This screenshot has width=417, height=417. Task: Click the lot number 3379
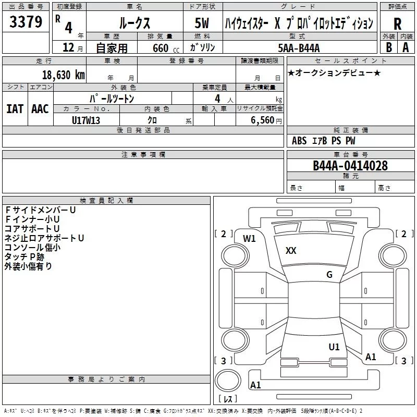[26, 22]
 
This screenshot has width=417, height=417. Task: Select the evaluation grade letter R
[397, 23]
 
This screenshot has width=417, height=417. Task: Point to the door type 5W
[202, 23]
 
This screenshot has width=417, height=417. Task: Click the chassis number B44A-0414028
[350, 166]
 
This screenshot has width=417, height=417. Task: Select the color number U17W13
[86, 120]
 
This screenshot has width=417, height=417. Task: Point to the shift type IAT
[15, 108]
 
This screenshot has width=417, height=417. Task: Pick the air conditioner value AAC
[40, 108]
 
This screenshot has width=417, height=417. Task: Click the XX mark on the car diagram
[291, 251]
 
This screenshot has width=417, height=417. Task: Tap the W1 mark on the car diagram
[250, 239]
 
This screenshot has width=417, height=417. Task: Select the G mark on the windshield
[329, 275]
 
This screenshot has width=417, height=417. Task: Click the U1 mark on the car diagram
[334, 346]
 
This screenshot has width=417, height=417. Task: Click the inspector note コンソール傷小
[32, 247]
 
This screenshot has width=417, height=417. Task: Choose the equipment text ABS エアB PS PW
[324, 141]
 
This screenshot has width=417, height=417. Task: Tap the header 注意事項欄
[143, 155]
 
